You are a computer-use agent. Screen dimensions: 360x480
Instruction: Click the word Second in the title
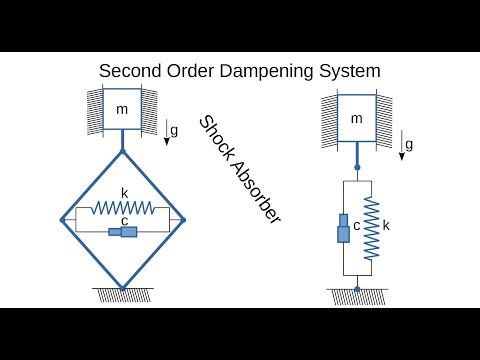[131, 72]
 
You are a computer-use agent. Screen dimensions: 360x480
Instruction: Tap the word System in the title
[351, 72]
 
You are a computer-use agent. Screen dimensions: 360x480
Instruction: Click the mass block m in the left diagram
[122, 109]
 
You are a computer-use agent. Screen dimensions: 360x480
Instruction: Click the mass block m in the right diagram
[356, 119]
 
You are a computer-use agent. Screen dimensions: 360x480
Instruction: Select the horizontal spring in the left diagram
[122, 208]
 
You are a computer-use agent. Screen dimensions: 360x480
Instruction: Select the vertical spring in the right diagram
[372, 227]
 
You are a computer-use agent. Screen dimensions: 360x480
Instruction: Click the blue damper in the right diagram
[342, 228]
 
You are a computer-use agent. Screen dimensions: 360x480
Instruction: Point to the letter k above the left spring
[124, 193]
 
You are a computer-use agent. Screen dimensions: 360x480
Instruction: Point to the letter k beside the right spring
[386, 226]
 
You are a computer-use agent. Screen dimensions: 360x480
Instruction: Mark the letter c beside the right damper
[356, 226]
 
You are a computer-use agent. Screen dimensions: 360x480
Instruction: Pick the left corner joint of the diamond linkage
[62, 217]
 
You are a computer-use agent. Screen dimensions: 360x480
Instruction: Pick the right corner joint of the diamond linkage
[183, 217]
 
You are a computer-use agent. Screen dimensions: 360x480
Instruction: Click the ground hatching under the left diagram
[122, 294]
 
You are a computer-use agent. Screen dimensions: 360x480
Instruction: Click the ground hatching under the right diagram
[357, 296]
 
